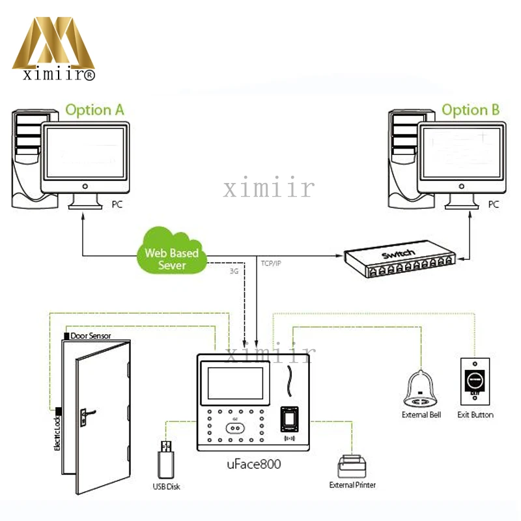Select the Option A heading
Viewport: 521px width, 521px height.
coord(94,109)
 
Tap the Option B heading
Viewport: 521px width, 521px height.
coord(470,109)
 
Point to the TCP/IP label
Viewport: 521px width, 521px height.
coord(270,263)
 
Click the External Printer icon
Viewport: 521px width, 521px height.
coord(352,465)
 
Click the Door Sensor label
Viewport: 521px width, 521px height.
coord(91,336)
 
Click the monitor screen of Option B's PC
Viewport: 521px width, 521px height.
coord(460,154)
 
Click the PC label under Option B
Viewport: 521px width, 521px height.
coord(494,204)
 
